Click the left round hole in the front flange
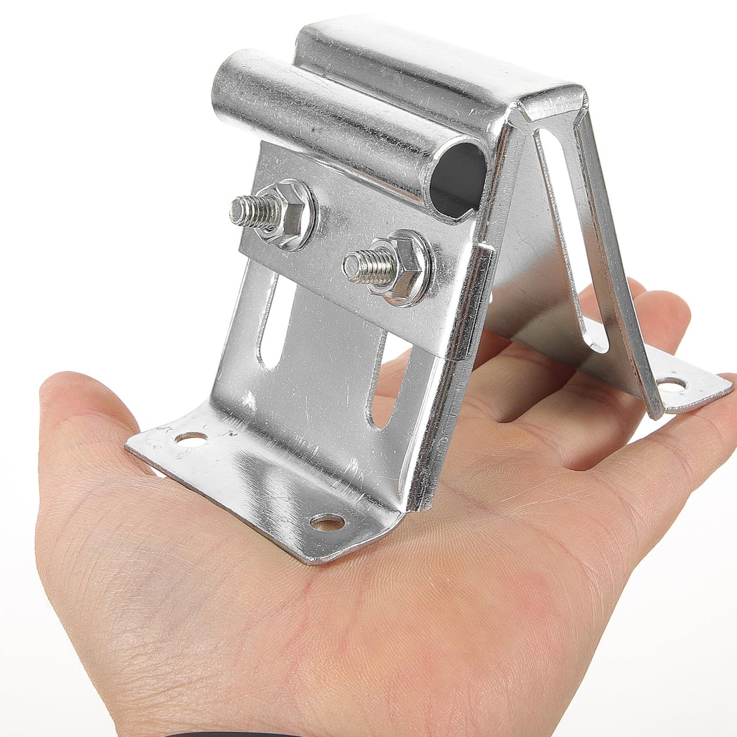(192, 438)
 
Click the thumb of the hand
(87, 408)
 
